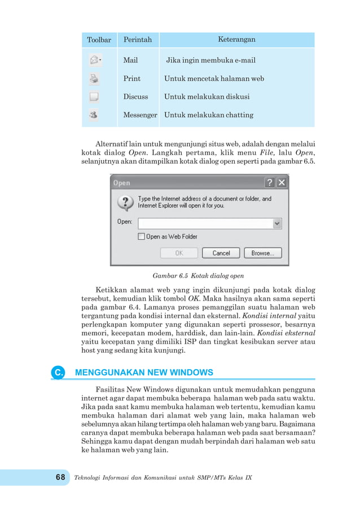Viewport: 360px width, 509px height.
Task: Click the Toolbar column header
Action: tap(99, 40)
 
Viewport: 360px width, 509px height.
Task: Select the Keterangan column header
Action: tap(236, 40)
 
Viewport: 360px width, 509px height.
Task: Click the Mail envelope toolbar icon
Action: tap(95, 60)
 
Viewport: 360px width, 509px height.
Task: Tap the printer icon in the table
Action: tap(94, 78)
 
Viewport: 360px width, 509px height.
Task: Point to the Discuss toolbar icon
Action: tap(94, 96)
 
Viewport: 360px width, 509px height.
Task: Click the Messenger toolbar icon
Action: tap(94, 115)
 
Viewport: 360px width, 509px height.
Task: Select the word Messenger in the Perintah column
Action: tap(140, 115)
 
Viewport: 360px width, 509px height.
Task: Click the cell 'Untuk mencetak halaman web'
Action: tap(214, 78)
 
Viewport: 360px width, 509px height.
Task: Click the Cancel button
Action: tap(221, 253)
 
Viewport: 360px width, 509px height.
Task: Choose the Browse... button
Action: tap(262, 253)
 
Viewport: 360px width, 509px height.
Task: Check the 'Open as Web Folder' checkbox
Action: tap(142, 237)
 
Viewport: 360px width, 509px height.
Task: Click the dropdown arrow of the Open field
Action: tap(277, 223)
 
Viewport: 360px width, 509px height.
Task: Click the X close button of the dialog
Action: tap(281, 183)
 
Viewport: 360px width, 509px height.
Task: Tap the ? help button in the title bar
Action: tap(270, 183)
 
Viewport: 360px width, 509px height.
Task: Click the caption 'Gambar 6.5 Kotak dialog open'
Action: tap(198, 277)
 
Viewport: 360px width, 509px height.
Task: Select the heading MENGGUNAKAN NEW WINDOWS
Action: tap(144, 372)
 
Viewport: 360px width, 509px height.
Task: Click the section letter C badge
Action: tap(58, 373)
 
